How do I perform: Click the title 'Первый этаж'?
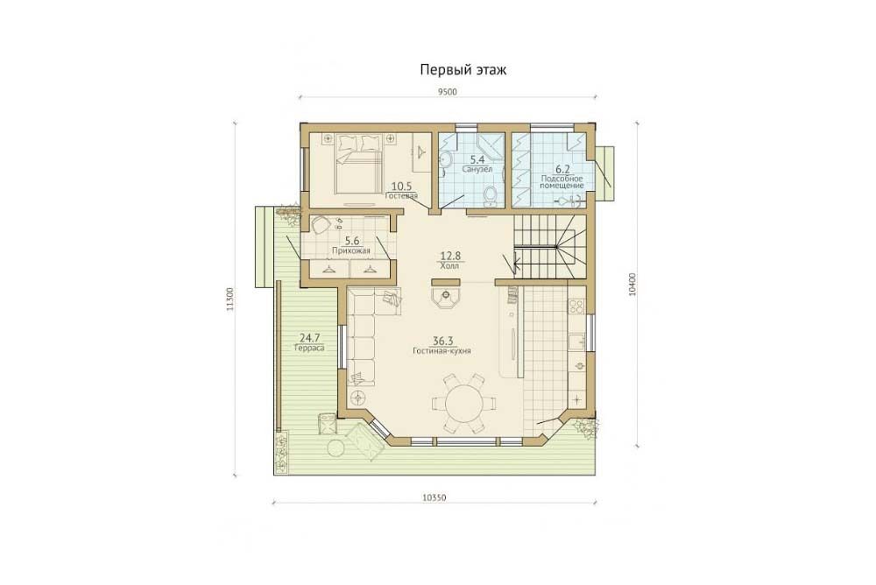tap(463, 70)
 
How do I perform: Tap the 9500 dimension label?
tap(448, 92)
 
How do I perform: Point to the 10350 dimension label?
tap(434, 497)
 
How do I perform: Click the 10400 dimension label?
tap(632, 285)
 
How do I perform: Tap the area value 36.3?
tap(442, 341)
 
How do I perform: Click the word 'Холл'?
tap(449, 266)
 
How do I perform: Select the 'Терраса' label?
tap(309, 348)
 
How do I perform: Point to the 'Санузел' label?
tap(477, 169)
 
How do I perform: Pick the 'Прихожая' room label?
tap(351, 250)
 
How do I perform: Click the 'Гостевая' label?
tap(402, 196)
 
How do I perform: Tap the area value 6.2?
tap(562, 169)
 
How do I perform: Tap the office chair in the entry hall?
tap(321, 224)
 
